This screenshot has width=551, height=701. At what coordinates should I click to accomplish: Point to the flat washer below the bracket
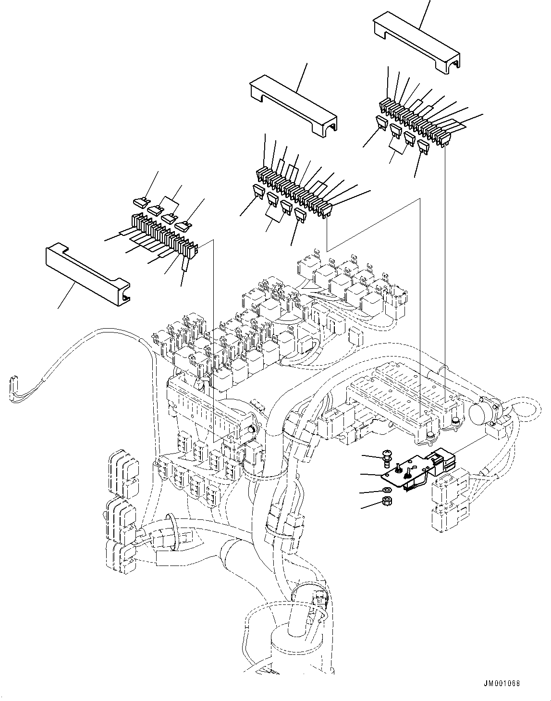point(387,491)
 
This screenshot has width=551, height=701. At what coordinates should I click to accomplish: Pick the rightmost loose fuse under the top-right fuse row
point(423,146)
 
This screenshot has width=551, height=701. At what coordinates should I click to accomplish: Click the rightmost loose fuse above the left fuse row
point(183,225)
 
